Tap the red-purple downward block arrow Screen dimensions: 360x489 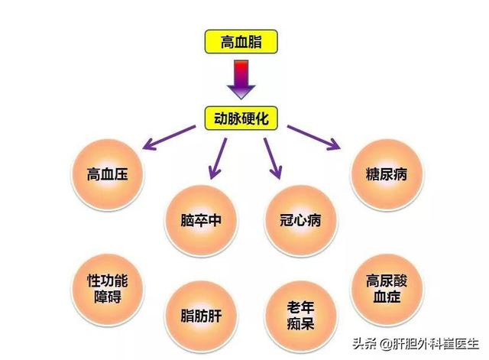pos(241,79)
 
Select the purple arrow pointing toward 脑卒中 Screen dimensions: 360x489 pos(215,157)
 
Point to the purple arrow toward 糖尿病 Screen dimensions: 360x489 pos(314,138)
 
